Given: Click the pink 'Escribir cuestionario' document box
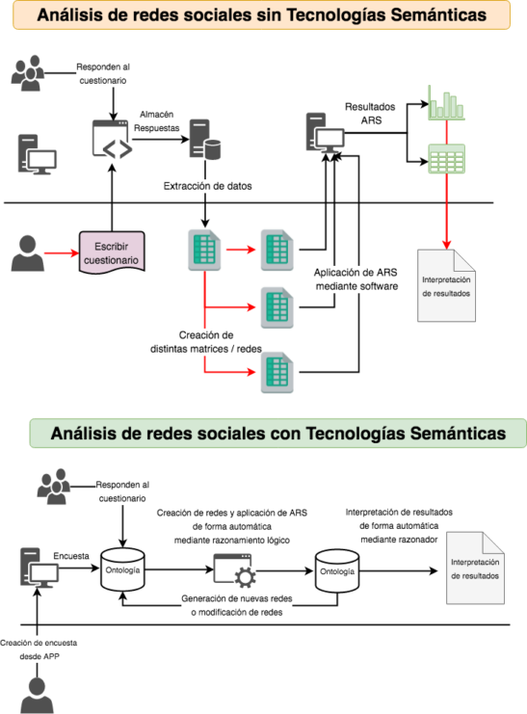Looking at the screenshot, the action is tap(112, 252).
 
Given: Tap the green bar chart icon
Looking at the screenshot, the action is tap(446, 102).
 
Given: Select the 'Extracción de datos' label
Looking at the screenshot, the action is tap(207, 186).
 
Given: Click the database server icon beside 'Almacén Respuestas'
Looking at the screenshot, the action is tap(205, 140).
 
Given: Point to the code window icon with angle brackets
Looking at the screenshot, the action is tap(112, 140).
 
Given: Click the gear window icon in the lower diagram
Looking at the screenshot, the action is tap(234, 569).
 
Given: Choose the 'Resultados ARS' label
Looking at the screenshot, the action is tap(370, 114).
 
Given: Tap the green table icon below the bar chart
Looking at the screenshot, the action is tap(446, 159).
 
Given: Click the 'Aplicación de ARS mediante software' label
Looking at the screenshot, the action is tap(356, 279).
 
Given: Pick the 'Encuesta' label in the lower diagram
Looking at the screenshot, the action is tap(71, 556).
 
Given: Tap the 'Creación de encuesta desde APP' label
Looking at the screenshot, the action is tap(39, 649).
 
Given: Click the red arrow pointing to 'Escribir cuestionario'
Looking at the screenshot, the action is tap(62, 252).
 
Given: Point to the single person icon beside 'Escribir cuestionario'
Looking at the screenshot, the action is tap(28, 253).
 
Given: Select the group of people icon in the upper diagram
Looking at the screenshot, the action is tap(28, 73).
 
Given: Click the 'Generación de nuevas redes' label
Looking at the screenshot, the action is tap(237, 598).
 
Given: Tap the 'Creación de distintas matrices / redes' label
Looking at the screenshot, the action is tap(206, 342).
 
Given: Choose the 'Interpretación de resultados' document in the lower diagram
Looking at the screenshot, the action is tap(475, 568).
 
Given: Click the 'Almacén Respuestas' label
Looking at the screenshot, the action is tap(156, 121).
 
